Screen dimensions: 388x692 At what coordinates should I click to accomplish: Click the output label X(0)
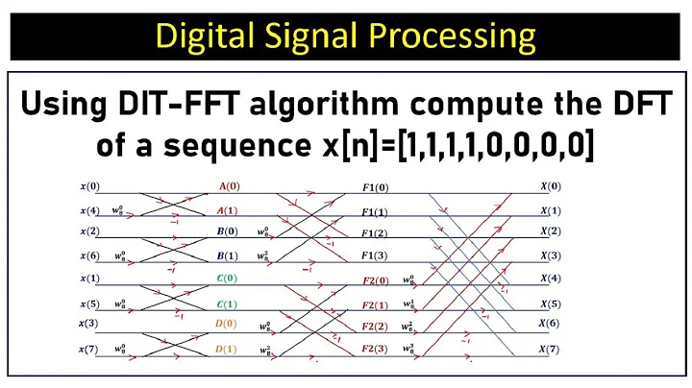(551, 187)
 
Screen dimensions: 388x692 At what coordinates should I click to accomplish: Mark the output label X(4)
(551, 279)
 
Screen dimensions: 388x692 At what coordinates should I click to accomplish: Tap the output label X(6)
(551, 324)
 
